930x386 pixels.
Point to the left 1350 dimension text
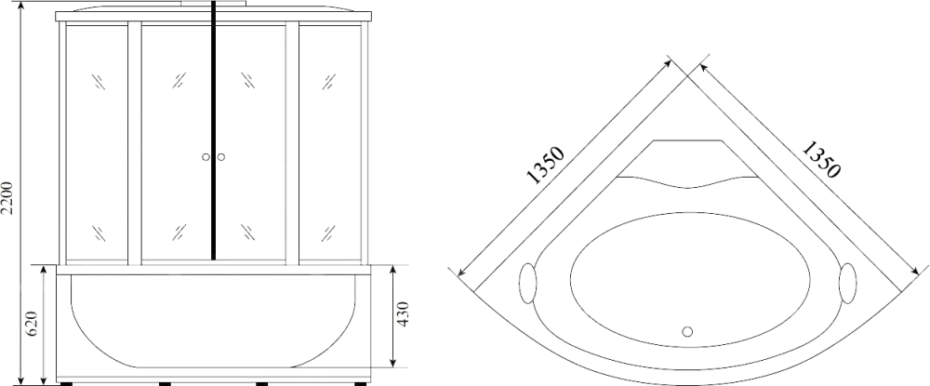(x=544, y=166)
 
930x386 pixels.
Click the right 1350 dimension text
(x=821, y=159)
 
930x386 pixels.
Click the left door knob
(x=206, y=157)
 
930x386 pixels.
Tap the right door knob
(x=221, y=157)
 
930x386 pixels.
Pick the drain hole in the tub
(x=687, y=331)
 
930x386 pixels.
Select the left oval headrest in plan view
(x=527, y=284)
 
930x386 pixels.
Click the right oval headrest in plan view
(x=847, y=284)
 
